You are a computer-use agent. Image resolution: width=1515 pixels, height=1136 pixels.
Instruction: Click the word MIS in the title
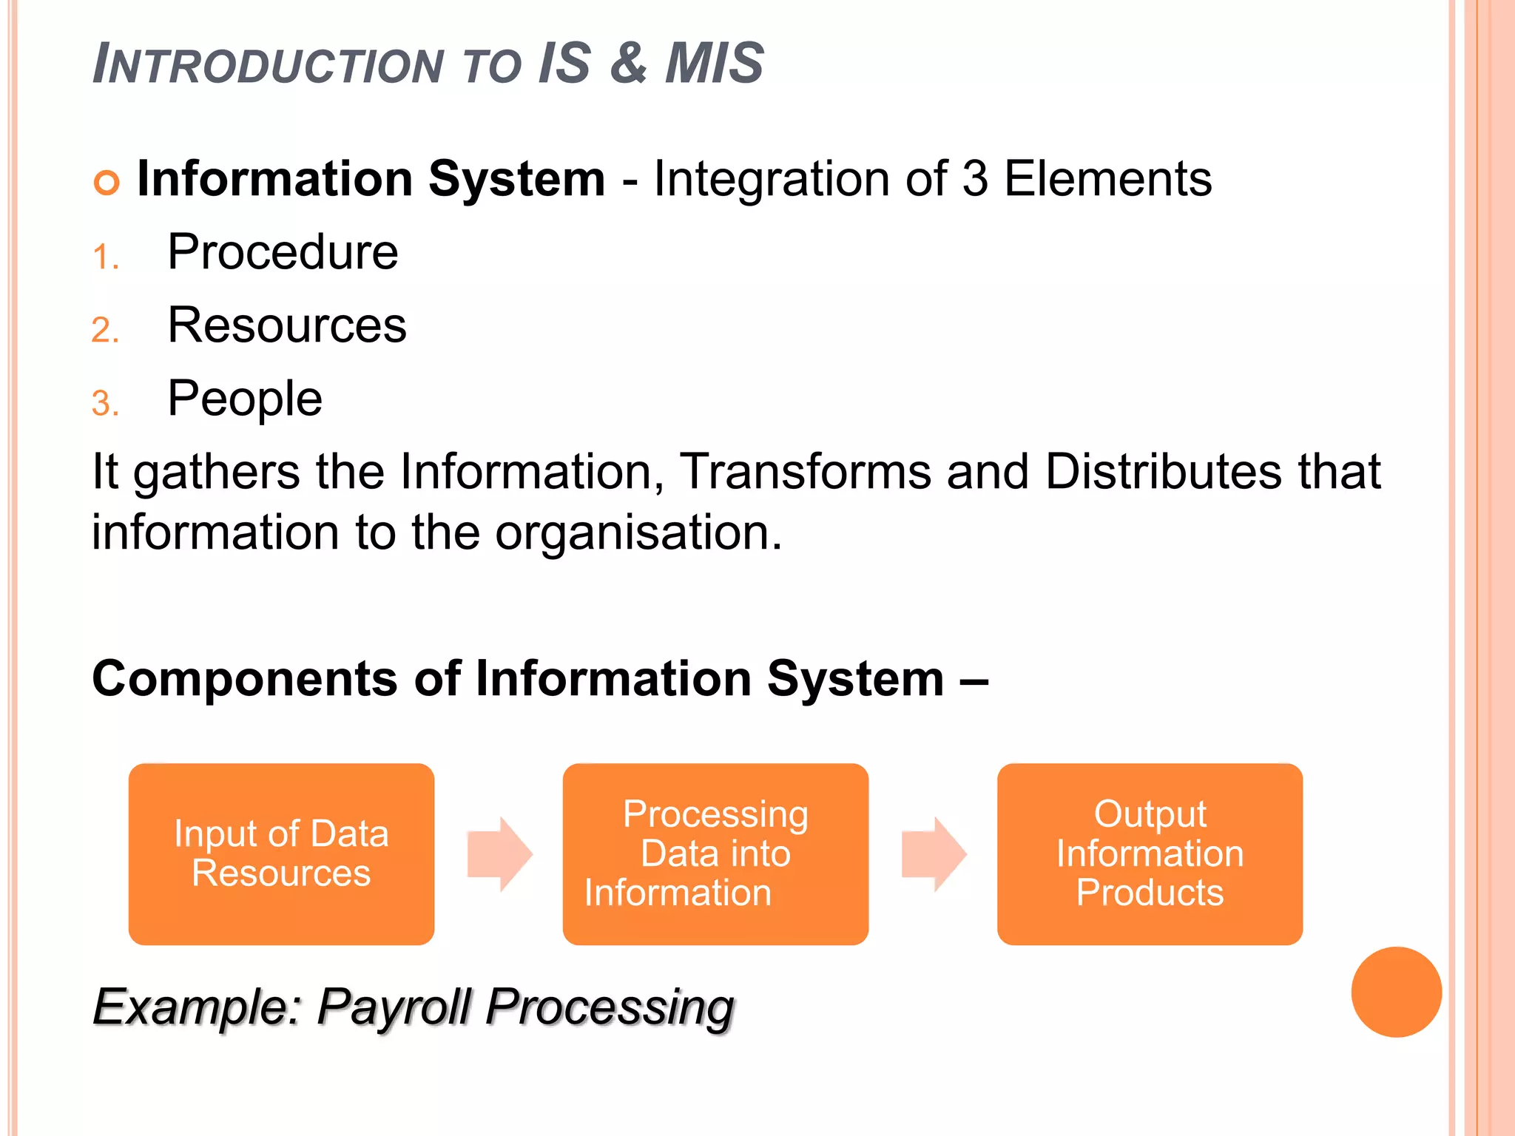coord(714,64)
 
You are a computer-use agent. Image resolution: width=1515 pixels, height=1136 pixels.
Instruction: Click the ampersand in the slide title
coord(628,64)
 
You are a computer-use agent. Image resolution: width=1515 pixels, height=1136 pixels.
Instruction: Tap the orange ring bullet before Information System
coord(107,183)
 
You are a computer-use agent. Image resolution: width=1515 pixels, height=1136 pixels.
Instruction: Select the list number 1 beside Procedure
coord(105,257)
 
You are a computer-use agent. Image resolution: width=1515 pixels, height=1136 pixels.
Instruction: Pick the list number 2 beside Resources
coord(105,330)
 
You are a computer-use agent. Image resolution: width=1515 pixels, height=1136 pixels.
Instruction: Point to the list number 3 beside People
coord(105,404)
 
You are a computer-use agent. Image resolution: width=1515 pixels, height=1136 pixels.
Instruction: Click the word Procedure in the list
coord(283,252)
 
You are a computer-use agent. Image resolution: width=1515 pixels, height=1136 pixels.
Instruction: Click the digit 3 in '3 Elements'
coord(975,179)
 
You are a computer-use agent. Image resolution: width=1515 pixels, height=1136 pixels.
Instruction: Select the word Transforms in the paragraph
coord(805,471)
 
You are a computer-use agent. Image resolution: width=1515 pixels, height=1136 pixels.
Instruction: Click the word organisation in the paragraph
coord(638,532)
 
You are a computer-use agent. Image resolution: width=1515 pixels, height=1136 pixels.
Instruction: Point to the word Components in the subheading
coord(245,679)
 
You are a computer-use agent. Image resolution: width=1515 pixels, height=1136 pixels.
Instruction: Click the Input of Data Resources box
coord(281,853)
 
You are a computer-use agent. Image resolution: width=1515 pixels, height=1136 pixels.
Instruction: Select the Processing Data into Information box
coord(715,853)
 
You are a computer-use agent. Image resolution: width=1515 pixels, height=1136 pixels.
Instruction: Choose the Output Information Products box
coord(1150,853)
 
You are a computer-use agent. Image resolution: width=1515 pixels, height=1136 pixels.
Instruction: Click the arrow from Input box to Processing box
coord(500,853)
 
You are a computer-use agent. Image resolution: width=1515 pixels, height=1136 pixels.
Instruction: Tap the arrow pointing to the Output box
coord(934,853)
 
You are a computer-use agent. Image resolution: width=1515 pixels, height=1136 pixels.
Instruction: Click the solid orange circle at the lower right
coord(1396,992)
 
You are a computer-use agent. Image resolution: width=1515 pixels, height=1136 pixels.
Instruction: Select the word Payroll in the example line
coord(394,1007)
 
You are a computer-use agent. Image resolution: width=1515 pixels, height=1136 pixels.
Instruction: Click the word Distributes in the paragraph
coord(1164,471)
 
